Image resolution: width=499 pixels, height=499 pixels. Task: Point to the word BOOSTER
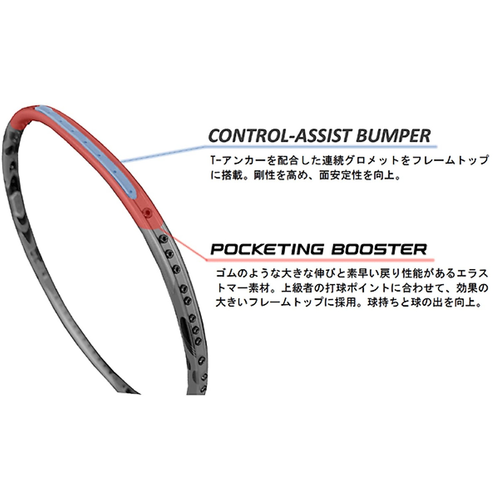click(x=379, y=249)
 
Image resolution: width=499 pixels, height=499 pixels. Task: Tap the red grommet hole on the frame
click(x=146, y=212)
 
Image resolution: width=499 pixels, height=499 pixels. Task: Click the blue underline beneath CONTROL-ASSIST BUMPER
click(x=320, y=146)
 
